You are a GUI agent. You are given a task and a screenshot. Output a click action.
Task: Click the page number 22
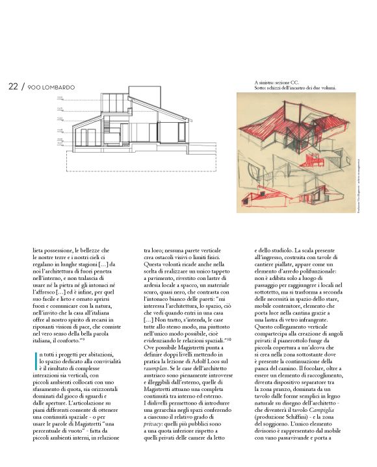coord(13,86)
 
